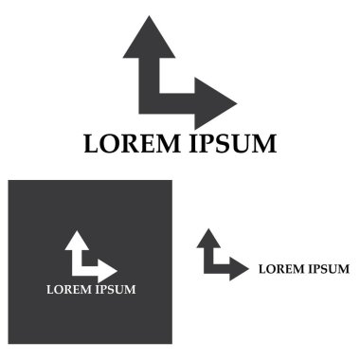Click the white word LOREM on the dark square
[x=67, y=289]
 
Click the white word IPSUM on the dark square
[x=114, y=289]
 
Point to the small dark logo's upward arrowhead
[x=207, y=240]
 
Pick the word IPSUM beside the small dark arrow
[x=328, y=269]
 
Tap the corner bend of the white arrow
[x=77, y=269]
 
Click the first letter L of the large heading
[x=92, y=145]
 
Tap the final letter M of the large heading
[x=262, y=145]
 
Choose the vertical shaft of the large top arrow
[x=149, y=76]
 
